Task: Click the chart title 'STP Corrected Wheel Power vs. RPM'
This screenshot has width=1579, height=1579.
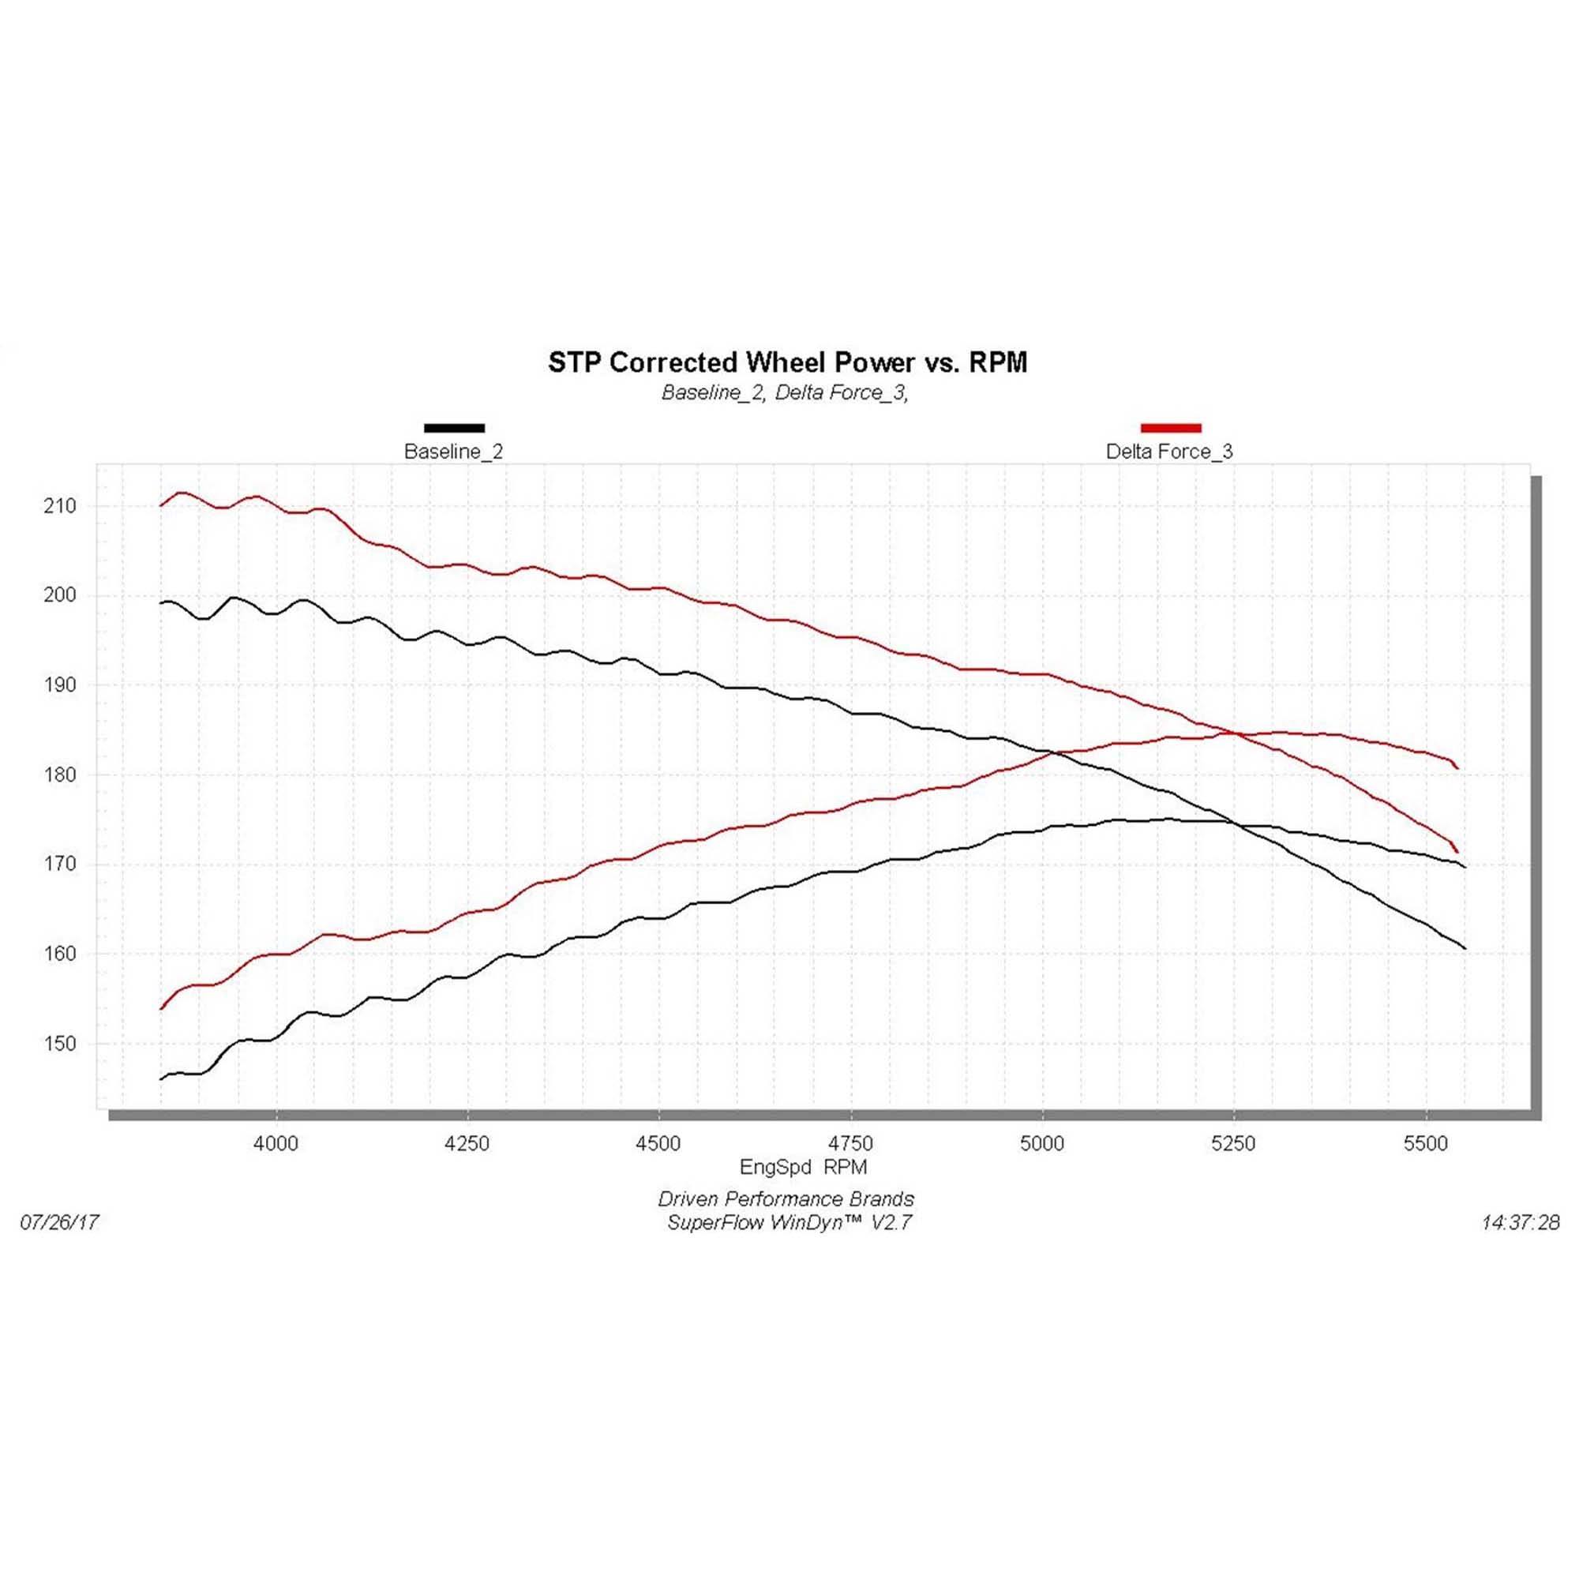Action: click(787, 362)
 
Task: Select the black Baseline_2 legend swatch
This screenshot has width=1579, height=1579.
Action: click(455, 427)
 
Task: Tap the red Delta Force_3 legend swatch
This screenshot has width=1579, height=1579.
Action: click(1170, 427)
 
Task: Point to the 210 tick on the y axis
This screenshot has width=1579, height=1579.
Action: click(60, 506)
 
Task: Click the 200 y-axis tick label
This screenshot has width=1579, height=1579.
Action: click(60, 596)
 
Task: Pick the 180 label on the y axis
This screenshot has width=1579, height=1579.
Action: click(60, 774)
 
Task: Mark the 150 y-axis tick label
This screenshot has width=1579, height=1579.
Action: click(60, 1044)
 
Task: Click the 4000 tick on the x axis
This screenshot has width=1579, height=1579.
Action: click(276, 1143)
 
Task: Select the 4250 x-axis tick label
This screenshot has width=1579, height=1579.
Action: click(467, 1143)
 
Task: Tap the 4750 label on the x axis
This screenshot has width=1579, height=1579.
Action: click(851, 1143)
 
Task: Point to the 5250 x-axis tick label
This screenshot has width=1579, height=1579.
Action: click(1233, 1143)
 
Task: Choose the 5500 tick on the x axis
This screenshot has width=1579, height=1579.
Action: click(1425, 1143)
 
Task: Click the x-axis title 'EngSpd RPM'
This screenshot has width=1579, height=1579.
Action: click(803, 1167)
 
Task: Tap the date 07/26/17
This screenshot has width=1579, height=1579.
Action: click(60, 1222)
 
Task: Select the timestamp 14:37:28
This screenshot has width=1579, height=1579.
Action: click(1520, 1223)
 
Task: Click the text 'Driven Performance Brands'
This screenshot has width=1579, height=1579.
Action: click(786, 1199)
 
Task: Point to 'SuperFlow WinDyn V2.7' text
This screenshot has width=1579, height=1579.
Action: click(789, 1223)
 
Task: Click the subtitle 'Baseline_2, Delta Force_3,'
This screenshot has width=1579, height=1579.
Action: click(785, 393)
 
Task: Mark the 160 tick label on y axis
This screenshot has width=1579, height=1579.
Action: click(60, 954)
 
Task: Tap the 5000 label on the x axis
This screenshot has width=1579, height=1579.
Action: click(1042, 1143)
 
